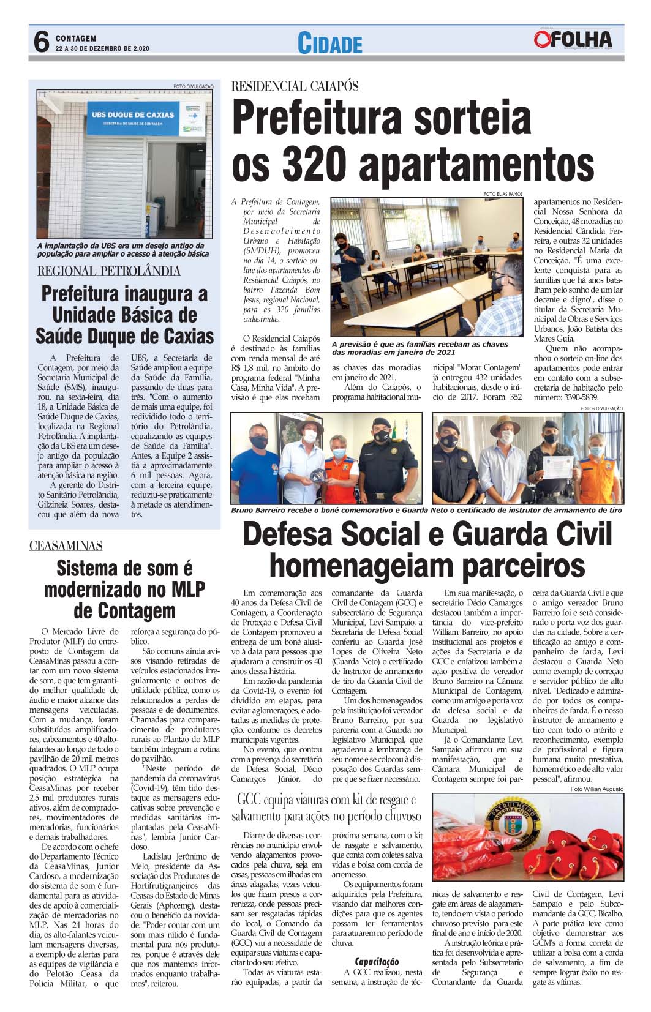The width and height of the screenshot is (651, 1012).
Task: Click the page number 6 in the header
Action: (40, 43)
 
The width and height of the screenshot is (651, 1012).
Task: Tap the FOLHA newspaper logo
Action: (574, 40)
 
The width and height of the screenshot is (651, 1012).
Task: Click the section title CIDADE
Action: (329, 43)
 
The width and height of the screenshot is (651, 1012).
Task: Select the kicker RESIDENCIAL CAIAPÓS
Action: (295, 86)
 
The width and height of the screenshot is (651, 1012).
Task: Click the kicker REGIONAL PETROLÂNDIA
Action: (109, 271)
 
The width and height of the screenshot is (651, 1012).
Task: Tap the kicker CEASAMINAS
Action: (66, 545)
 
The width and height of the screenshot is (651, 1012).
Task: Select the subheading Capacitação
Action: (377, 962)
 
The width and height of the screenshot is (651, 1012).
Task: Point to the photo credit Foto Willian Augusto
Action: (596, 789)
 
